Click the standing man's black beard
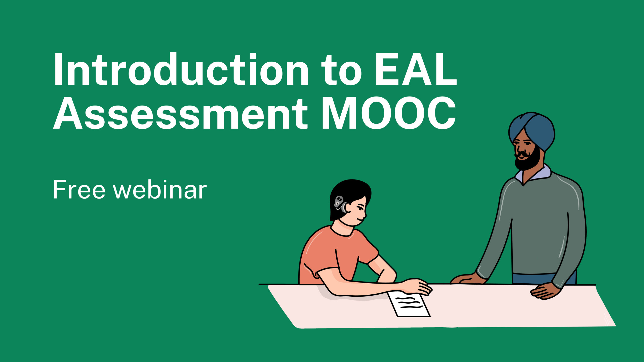[528, 161]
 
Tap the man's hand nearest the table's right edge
[546, 292]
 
